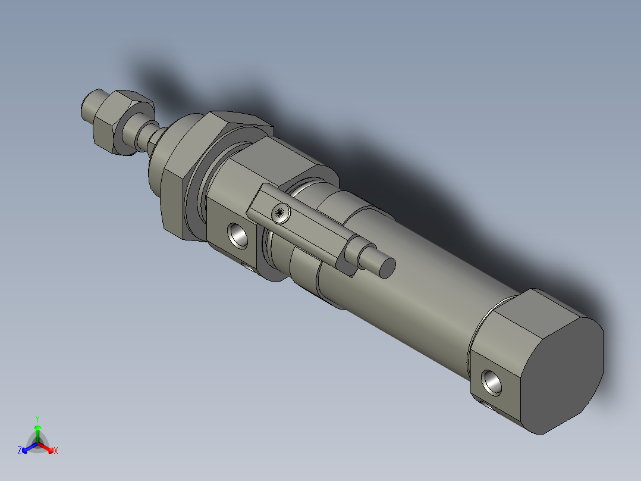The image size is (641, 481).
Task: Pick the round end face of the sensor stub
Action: [x=387, y=267]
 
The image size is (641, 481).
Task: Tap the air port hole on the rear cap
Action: [x=494, y=381]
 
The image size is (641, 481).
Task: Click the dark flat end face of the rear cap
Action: [x=565, y=369]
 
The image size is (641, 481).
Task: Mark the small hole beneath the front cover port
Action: [x=249, y=266]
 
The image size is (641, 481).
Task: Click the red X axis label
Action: [x=56, y=451]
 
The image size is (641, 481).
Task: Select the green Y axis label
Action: [x=37, y=418]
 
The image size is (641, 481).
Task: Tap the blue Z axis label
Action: [x=20, y=451]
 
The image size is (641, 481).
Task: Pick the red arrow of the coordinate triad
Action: [x=48, y=447]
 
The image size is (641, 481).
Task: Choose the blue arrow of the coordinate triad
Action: [x=27, y=447]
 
